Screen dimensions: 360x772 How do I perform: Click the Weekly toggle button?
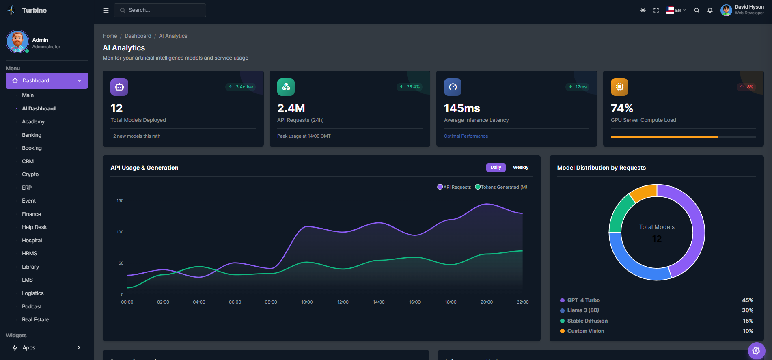(520, 167)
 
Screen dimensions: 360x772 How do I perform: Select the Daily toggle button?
(496, 167)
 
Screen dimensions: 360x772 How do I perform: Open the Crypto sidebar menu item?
(30, 174)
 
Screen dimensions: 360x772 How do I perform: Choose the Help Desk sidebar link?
(35, 227)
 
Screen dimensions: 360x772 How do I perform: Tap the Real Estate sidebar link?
(36, 319)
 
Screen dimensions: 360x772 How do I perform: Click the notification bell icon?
(710, 10)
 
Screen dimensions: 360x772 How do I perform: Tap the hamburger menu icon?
(106, 10)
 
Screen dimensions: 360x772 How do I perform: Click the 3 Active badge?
(241, 87)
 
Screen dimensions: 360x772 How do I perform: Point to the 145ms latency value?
(462, 108)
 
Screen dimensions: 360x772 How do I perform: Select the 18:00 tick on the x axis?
(451, 302)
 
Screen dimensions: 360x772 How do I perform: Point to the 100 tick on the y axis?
(120, 232)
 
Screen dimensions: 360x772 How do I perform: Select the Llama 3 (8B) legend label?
(583, 310)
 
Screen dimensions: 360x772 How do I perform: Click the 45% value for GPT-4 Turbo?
(747, 300)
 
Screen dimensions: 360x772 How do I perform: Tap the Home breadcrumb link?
(110, 36)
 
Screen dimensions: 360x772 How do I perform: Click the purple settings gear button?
(756, 351)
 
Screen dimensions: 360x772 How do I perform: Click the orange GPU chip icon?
(619, 87)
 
